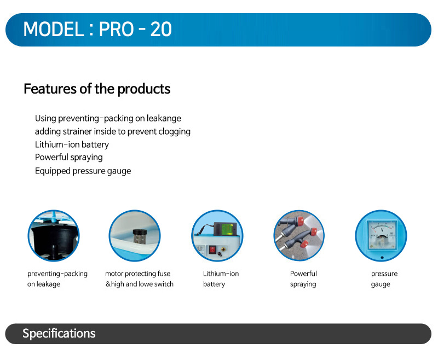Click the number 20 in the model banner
pyautogui.click(x=161, y=29)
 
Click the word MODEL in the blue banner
pyautogui.click(x=54, y=29)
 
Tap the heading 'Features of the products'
pyautogui.click(x=97, y=89)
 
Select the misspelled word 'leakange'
pyautogui.click(x=164, y=118)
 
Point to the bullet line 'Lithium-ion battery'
pyautogui.click(x=72, y=144)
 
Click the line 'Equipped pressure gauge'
pyautogui.click(x=83, y=171)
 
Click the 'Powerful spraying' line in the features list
pyautogui.click(x=69, y=158)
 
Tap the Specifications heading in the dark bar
pyautogui.click(x=59, y=334)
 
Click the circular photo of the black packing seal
pyautogui.click(x=54, y=236)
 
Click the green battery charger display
pyautogui.click(x=227, y=229)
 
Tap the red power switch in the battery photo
pyautogui.click(x=212, y=249)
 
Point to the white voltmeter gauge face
pyautogui.click(x=382, y=235)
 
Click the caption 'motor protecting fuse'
pyautogui.click(x=138, y=274)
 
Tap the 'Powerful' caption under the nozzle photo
pyautogui.click(x=303, y=274)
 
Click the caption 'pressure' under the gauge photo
pyautogui.click(x=384, y=274)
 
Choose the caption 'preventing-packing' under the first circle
pyautogui.click(x=57, y=274)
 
